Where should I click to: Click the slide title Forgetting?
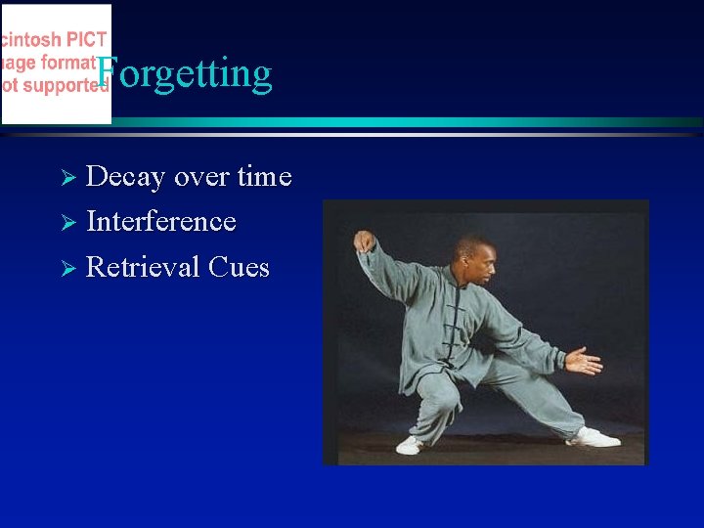185,73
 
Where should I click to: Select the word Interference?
161,222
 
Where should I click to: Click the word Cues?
238,267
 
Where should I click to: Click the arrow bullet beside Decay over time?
67,178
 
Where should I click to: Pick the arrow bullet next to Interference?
67,223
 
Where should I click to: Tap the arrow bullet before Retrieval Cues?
67,269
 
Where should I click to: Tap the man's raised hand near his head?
365,241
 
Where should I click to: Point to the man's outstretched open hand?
584,362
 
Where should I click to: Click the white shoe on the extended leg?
594,437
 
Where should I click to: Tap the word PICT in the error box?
86,41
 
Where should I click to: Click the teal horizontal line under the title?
391,122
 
